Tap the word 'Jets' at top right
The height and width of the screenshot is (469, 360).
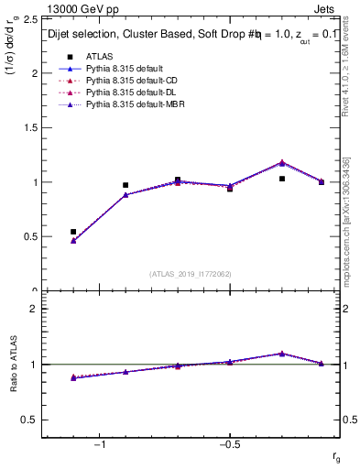[328, 9]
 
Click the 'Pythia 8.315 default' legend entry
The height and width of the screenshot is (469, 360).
[127, 69]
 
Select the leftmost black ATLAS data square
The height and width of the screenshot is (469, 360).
[73, 232]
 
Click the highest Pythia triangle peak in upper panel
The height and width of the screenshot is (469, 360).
[282, 162]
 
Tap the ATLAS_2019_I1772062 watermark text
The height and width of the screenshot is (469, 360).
[191, 273]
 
